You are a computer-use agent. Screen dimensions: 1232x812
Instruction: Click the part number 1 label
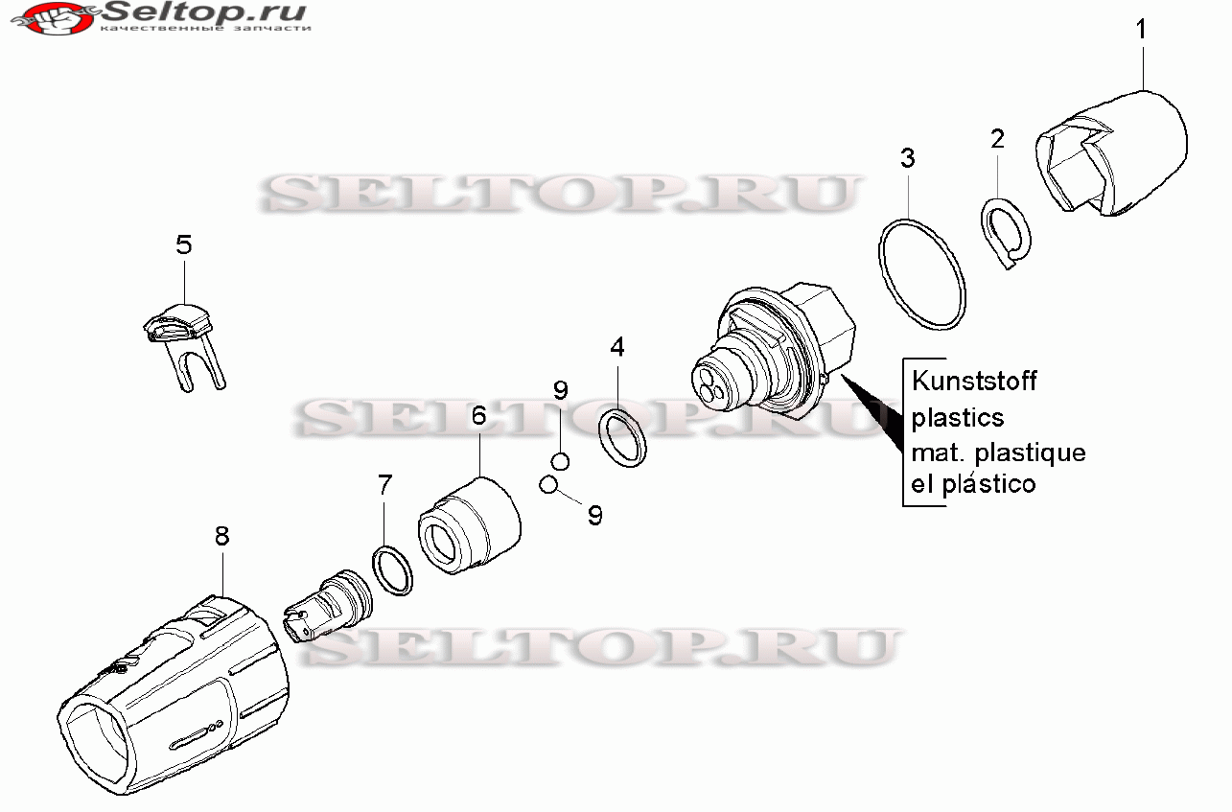[x=1141, y=29]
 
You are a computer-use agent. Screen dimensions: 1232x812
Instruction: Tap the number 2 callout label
[x=998, y=138]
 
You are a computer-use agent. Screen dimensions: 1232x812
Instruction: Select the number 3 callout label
[x=908, y=158]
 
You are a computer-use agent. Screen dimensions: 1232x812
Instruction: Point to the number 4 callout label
[x=617, y=347]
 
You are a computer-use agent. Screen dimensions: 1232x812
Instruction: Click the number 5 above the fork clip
[x=184, y=244]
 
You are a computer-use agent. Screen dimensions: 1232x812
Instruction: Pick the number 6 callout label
[x=479, y=416]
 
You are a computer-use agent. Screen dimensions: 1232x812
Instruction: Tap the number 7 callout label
[x=384, y=485]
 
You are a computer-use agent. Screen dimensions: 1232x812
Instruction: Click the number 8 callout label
[x=221, y=537]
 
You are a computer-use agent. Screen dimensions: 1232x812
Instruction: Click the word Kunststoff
[x=974, y=381]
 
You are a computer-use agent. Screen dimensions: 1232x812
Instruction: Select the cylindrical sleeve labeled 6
[x=470, y=526]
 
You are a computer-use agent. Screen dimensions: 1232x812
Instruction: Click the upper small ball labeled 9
[x=560, y=461]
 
